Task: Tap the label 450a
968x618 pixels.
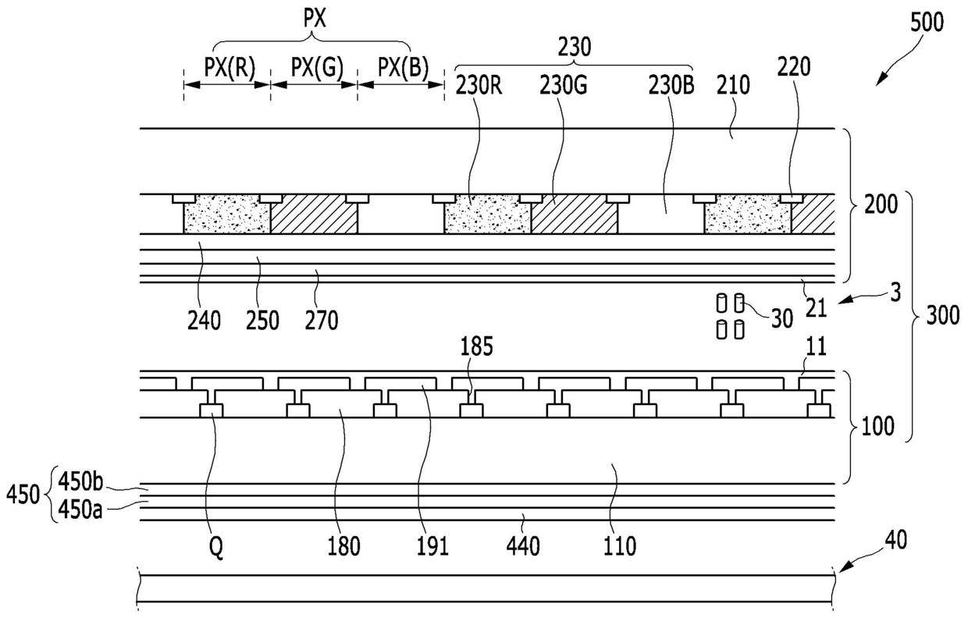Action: [76, 510]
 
